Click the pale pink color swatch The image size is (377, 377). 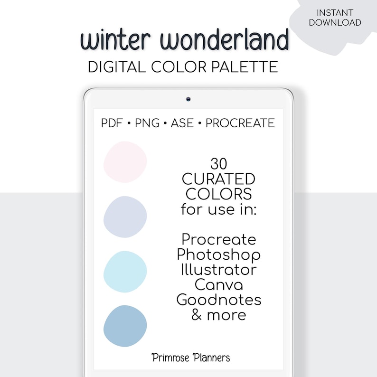click(125, 162)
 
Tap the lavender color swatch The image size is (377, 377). click(125, 217)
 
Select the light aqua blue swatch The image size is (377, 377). click(125, 271)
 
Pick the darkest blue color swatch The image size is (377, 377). click(125, 326)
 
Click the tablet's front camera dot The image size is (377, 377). click(188, 99)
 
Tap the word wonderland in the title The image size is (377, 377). click(225, 41)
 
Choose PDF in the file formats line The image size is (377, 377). click(112, 123)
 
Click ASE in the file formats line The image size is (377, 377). click(183, 123)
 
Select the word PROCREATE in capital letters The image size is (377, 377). click(240, 123)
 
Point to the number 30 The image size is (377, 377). click(219, 164)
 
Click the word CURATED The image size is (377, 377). click(219, 179)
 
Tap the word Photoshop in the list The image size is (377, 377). click(219, 255)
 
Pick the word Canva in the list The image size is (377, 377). click(219, 285)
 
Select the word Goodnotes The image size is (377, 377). click(219, 300)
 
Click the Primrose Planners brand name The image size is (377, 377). click(191, 357)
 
